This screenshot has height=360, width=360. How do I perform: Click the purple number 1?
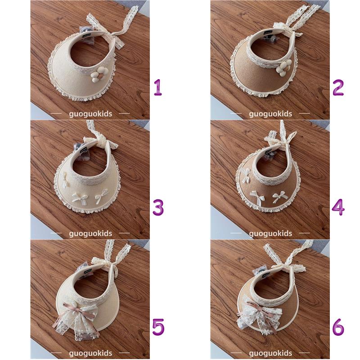pyautogui.click(x=158, y=87)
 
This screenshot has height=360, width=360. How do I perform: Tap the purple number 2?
pyautogui.click(x=338, y=87)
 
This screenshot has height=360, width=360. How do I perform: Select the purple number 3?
pyautogui.click(x=158, y=207)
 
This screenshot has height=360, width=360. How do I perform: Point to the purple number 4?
pyautogui.click(x=338, y=207)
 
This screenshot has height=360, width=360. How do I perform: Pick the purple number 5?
pyautogui.click(x=158, y=327)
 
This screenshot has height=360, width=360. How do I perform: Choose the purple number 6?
pyautogui.click(x=338, y=327)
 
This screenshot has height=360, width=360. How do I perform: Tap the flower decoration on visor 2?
pyautogui.click(x=283, y=67)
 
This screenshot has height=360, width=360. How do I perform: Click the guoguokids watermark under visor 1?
pyautogui.click(x=90, y=114)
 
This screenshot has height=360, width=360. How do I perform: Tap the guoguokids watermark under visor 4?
pyautogui.click(x=270, y=234)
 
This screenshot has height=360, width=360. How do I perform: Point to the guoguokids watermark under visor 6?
pyautogui.click(x=270, y=353)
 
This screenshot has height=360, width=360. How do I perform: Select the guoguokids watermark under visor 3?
pyautogui.click(x=90, y=234)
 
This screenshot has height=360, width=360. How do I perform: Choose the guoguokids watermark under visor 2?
pyautogui.click(x=270, y=114)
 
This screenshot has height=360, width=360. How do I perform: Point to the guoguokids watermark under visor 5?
pyautogui.click(x=90, y=353)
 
